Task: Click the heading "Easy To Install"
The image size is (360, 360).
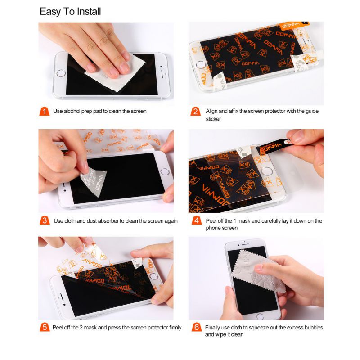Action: tap(70, 12)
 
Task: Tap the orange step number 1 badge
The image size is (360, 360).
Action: tap(44, 111)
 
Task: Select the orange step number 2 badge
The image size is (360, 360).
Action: tap(195, 111)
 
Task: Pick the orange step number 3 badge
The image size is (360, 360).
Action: tap(45, 220)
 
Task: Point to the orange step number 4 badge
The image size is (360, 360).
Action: tap(197, 220)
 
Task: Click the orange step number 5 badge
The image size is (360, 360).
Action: tap(45, 327)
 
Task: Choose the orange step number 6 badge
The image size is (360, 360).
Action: tap(197, 327)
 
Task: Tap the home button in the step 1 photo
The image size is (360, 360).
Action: tap(61, 73)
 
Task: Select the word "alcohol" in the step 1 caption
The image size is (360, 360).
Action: tap(72, 111)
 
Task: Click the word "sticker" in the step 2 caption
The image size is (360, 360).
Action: tap(213, 119)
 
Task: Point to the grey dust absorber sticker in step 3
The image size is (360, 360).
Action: tap(94, 183)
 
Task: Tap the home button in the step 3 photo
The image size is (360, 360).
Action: tap(165, 171)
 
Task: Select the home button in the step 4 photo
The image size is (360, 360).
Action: tap(266, 171)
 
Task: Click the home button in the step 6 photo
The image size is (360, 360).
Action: tap(261, 317)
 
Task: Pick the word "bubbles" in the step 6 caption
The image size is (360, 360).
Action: tap(314, 328)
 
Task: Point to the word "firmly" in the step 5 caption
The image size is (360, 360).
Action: tap(175, 328)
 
